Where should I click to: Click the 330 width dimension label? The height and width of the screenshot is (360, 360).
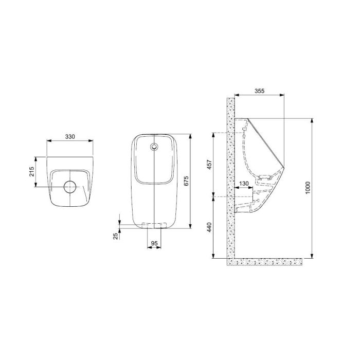(x=70, y=137)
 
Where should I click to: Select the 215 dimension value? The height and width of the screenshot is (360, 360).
(x=32, y=171)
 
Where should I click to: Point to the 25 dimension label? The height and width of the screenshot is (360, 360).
(x=116, y=236)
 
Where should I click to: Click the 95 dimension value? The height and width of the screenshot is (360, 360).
(x=154, y=243)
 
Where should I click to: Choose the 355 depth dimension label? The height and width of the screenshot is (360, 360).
(x=260, y=91)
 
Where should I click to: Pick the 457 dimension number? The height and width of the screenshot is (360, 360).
(x=209, y=165)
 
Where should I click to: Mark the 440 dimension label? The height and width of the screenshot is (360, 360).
(x=209, y=227)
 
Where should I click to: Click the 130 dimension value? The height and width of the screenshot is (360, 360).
(x=244, y=184)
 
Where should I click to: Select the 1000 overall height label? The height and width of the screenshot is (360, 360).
(x=308, y=188)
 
